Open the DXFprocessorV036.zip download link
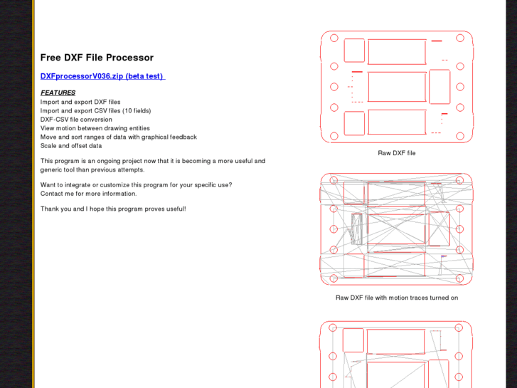[x=102, y=76]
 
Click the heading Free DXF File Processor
[x=97, y=58]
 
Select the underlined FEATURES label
[x=58, y=93]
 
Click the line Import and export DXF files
[x=80, y=102]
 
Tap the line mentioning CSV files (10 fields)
[x=95, y=110]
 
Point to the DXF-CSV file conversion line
[x=76, y=120]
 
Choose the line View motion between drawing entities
[x=95, y=128]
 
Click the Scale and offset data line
[x=71, y=146]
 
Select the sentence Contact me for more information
[x=88, y=194]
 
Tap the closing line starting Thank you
[x=113, y=209]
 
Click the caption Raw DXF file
[x=397, y=153]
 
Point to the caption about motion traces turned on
[x=397, y=298]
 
